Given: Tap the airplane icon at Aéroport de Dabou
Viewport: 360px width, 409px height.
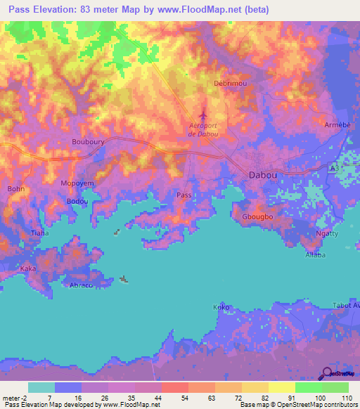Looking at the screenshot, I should coord(203,115).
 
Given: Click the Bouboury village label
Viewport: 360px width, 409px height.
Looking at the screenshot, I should coord(88,141).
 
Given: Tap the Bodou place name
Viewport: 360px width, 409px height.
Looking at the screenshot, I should coord(77,201).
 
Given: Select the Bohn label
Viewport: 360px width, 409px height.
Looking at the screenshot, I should coord(15,188).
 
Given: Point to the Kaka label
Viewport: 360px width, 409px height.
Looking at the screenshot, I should coord(28,268).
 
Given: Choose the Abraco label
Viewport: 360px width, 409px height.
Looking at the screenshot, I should coord(82,285).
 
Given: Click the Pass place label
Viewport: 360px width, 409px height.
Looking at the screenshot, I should coord(184,195).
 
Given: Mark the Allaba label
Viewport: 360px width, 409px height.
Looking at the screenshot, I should coord(315,254).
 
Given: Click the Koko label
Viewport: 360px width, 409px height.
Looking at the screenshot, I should coord(221,307).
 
